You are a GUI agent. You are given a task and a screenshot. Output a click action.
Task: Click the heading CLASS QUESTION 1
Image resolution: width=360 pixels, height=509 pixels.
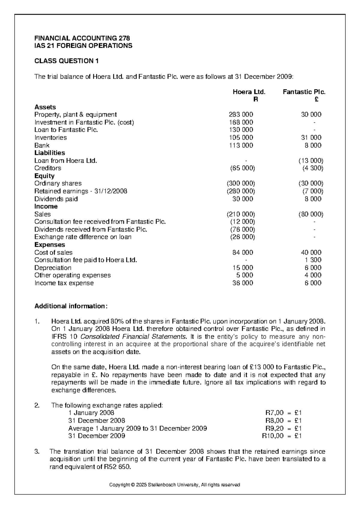[x=67, y=61]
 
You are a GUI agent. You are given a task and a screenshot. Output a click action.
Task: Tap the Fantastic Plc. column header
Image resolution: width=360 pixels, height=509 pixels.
[x=304, y=92]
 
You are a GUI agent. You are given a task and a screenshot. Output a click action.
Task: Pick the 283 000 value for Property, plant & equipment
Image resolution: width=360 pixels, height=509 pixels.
[x=241, y=115]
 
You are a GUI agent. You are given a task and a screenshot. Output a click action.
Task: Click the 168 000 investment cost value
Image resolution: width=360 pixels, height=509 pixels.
[x=241, y=122]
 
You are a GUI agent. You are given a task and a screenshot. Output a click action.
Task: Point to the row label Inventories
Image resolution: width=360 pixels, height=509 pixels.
[x=50, y=138]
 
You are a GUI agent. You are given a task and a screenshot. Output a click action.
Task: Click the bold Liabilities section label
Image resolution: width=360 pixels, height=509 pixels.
[x=49, y=153]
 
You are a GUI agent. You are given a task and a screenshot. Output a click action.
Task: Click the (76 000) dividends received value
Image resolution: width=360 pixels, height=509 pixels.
[x=242, y=230]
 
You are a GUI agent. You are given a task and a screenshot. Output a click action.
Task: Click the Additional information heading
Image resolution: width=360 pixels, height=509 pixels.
[x=70, y=306]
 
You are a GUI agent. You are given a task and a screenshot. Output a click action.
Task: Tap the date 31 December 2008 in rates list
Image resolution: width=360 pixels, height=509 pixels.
[x=97, y=421]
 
